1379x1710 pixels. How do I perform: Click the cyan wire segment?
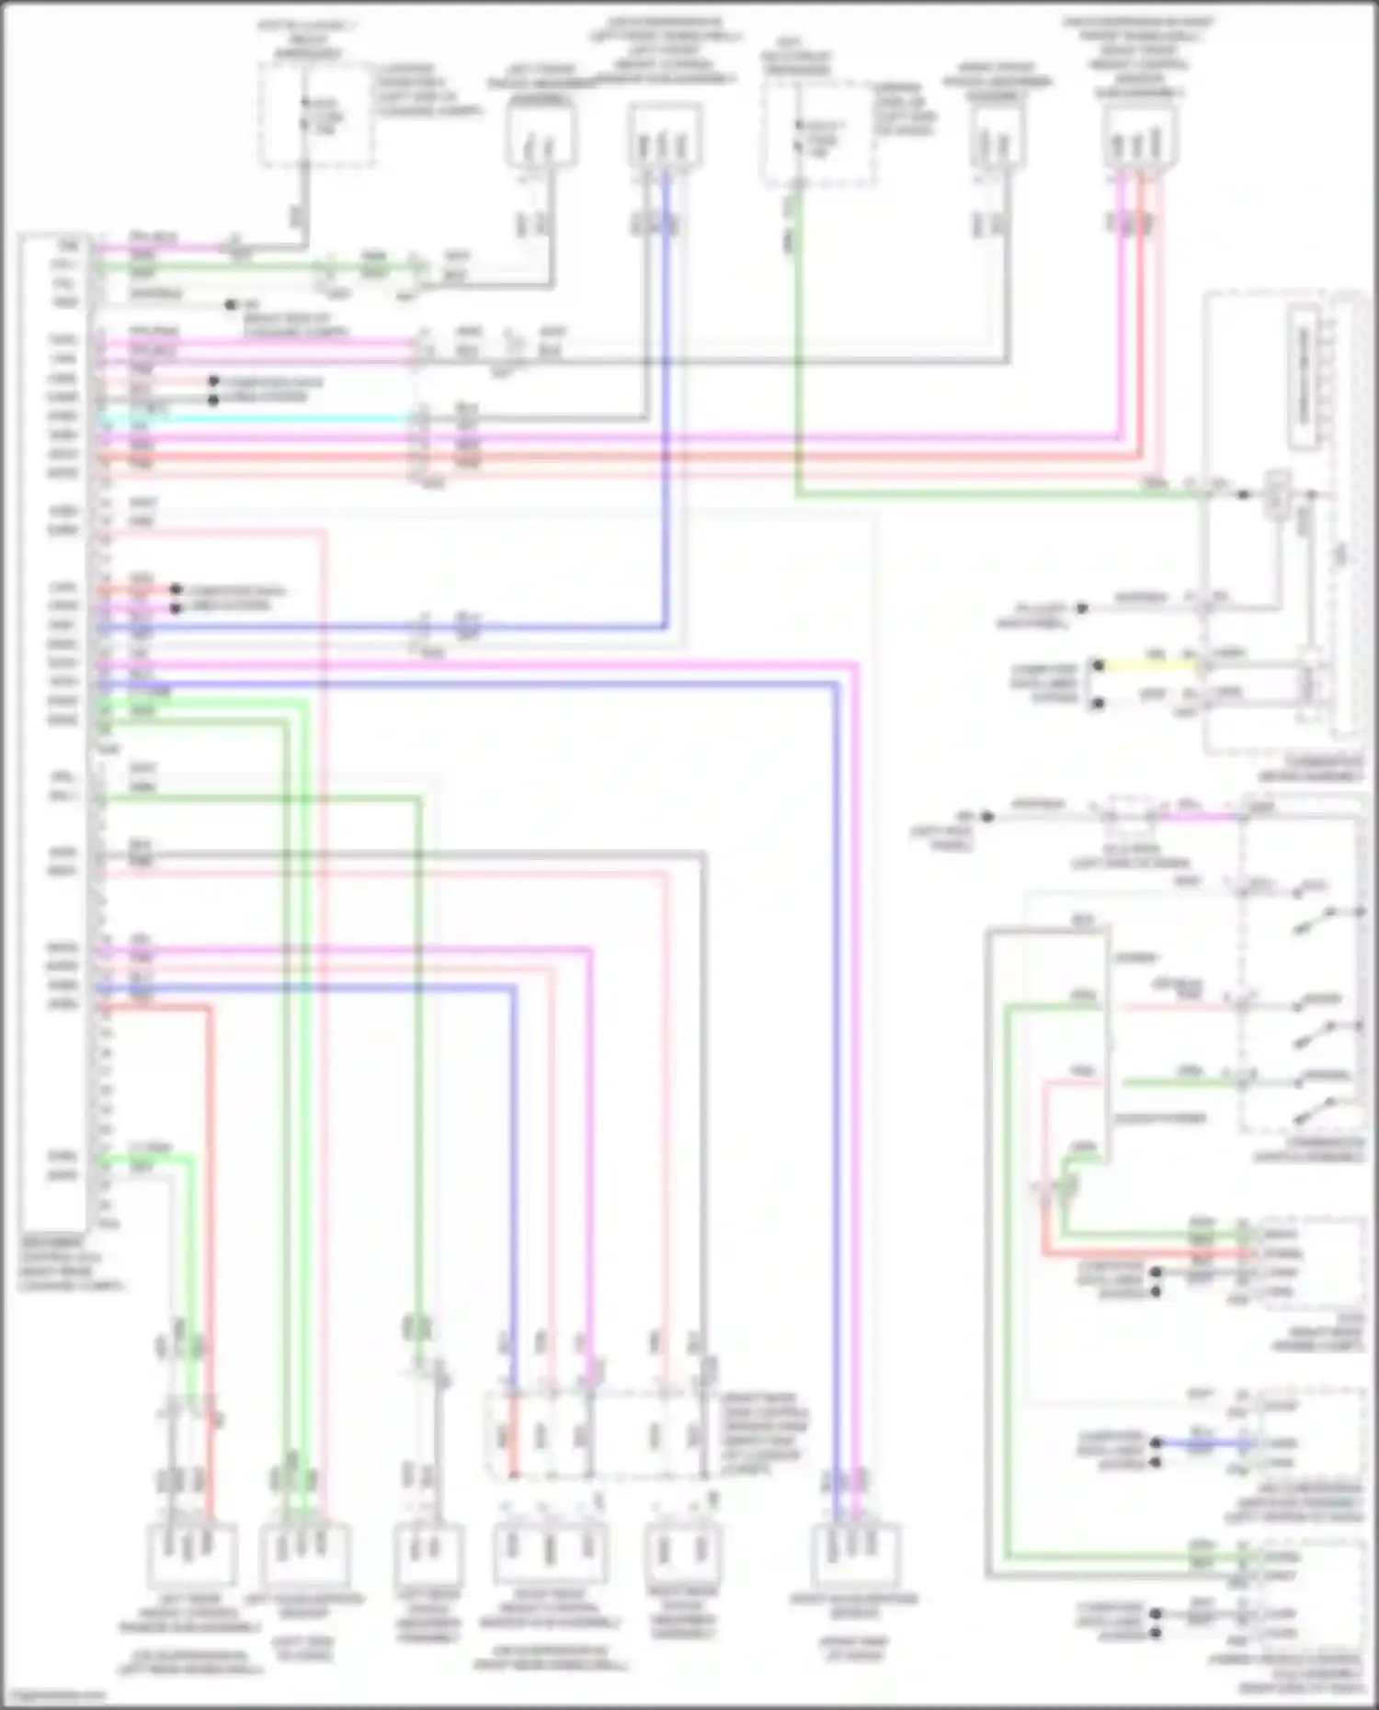[257, 418]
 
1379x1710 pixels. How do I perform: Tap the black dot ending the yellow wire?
[1098, 664]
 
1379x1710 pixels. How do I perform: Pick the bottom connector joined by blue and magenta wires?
[856, 1553]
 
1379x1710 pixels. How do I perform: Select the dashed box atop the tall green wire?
[818, 133]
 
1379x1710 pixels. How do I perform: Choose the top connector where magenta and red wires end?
[1141, 138]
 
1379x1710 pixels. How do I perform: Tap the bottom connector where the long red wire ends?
[192, 1553]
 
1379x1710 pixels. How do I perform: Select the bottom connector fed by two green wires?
[304, 1553]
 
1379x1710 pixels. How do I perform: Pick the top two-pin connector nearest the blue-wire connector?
[541, 138]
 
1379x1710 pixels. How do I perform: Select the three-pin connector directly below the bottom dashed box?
[547, 1553]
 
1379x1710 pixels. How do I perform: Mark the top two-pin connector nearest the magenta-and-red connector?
[997, 138]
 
